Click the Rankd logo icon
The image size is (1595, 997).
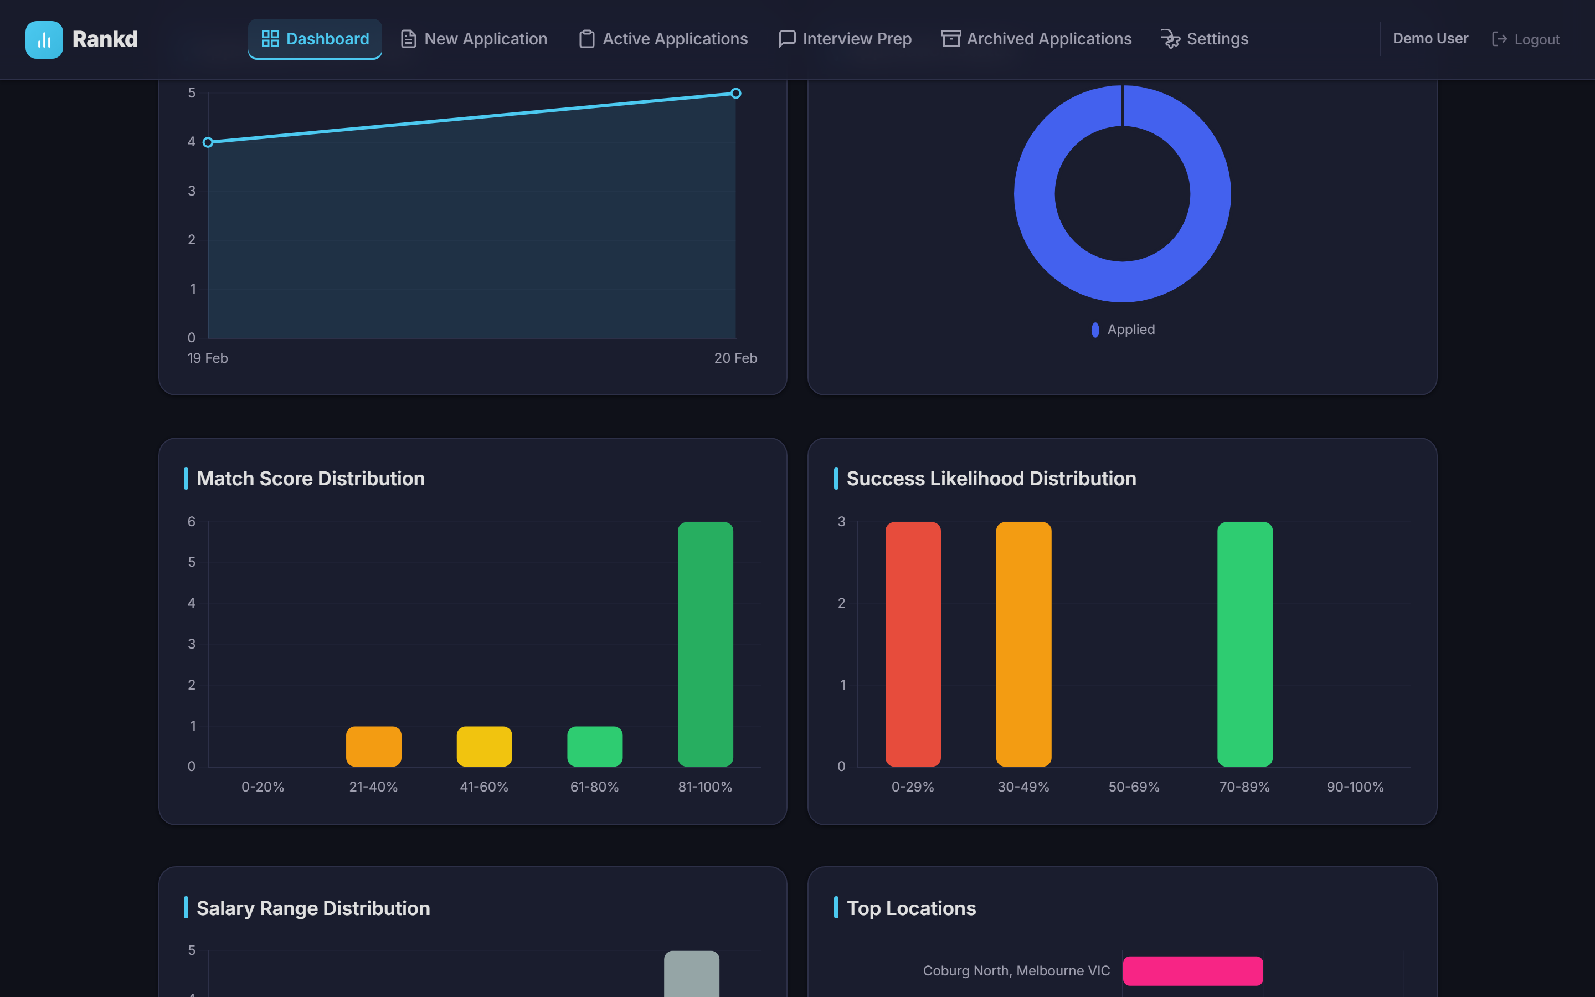[x=44, y=39]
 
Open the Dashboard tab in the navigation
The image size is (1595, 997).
[x=315, y=39]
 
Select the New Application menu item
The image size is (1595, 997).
[x=474, y=39]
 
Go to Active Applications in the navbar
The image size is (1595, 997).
[x=663, y=39]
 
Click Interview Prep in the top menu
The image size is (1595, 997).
[x=845, y=39]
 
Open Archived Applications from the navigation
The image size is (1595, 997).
[x=1036, y=39]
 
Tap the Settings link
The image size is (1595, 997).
[x=1204, y=39]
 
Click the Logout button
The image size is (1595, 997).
[x=1526, y=39]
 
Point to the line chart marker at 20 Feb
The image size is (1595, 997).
[x=735, y=94]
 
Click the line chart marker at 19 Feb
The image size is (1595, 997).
[x=208, y=142]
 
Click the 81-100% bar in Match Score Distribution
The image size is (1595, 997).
[x=705, y=644]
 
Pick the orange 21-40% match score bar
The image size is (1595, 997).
[x=374, y=747]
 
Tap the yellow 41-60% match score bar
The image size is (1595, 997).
[x=484, y=747]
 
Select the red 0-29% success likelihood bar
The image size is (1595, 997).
[x=913, y=644]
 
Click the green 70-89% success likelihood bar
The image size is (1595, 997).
[x=1244, y=644]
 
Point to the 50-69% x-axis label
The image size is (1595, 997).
[x=1134, y=787]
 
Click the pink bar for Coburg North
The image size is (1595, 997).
[x=1192, y=970]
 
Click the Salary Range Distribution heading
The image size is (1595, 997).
[x=313, y=908]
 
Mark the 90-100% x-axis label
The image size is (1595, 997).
[x=1355, y=787]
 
